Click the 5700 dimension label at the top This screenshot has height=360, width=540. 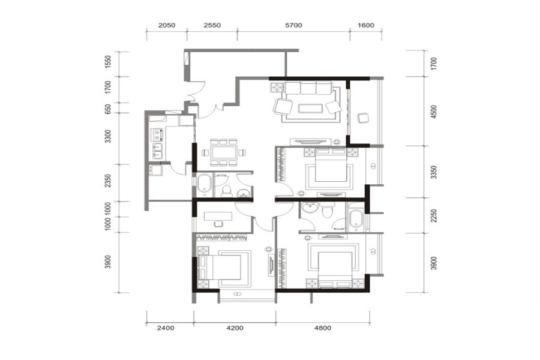tap(293, 25)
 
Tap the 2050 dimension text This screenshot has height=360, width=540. tap(167, 25)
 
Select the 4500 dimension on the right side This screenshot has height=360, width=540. tap(434, 112)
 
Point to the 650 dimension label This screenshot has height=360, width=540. tap(108, 109)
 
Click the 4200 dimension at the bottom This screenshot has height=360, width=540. tap(235, 328)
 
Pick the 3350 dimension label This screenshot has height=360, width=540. tap(434, 172)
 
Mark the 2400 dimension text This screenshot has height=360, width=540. tap(166, 328)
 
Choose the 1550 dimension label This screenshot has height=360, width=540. tap(108, 62)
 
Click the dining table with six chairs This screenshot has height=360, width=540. tap(224, 152)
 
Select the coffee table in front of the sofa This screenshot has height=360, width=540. tap(311, 109)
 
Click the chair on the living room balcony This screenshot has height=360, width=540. tap(363, 118)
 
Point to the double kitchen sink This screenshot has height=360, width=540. tap(157, 151)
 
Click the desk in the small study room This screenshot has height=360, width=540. tap(218, 217)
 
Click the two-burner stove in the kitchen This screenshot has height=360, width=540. tap(157, 133)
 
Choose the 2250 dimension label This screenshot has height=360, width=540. tap(434, 215)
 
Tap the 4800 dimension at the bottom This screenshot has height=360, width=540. tap(323, 328)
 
